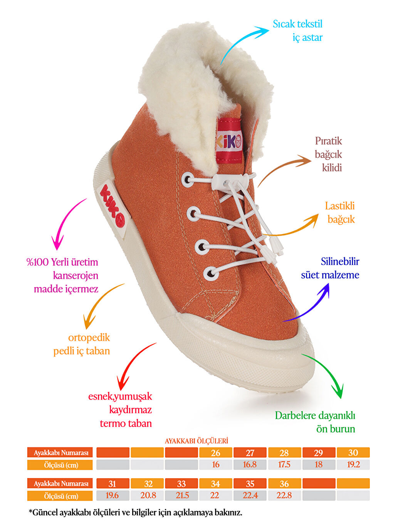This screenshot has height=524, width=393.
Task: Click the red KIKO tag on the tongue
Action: (229, 141)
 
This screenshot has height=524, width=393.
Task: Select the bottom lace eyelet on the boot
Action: (210, 274)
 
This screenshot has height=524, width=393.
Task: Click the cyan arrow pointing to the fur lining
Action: (243, 42)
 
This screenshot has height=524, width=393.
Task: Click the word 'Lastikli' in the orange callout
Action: (339, 206)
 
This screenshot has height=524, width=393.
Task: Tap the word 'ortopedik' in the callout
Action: (89, 338)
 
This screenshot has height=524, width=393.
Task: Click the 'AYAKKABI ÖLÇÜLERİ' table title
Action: (196, 441)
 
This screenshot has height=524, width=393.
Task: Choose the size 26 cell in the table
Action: (216, 453)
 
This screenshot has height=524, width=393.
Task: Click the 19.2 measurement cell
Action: (353, 465)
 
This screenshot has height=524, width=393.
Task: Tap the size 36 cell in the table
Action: (284, 484)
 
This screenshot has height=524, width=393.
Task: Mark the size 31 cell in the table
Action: (113, 484)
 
